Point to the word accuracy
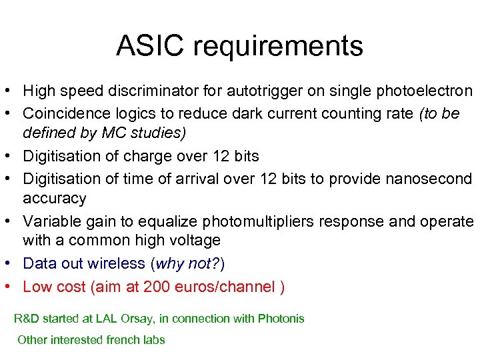pyautogui.click(x=55, y=199)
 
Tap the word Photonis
pyautogui.click(x=281, y=318)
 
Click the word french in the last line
pyautogui.click(x=122, y=339)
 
